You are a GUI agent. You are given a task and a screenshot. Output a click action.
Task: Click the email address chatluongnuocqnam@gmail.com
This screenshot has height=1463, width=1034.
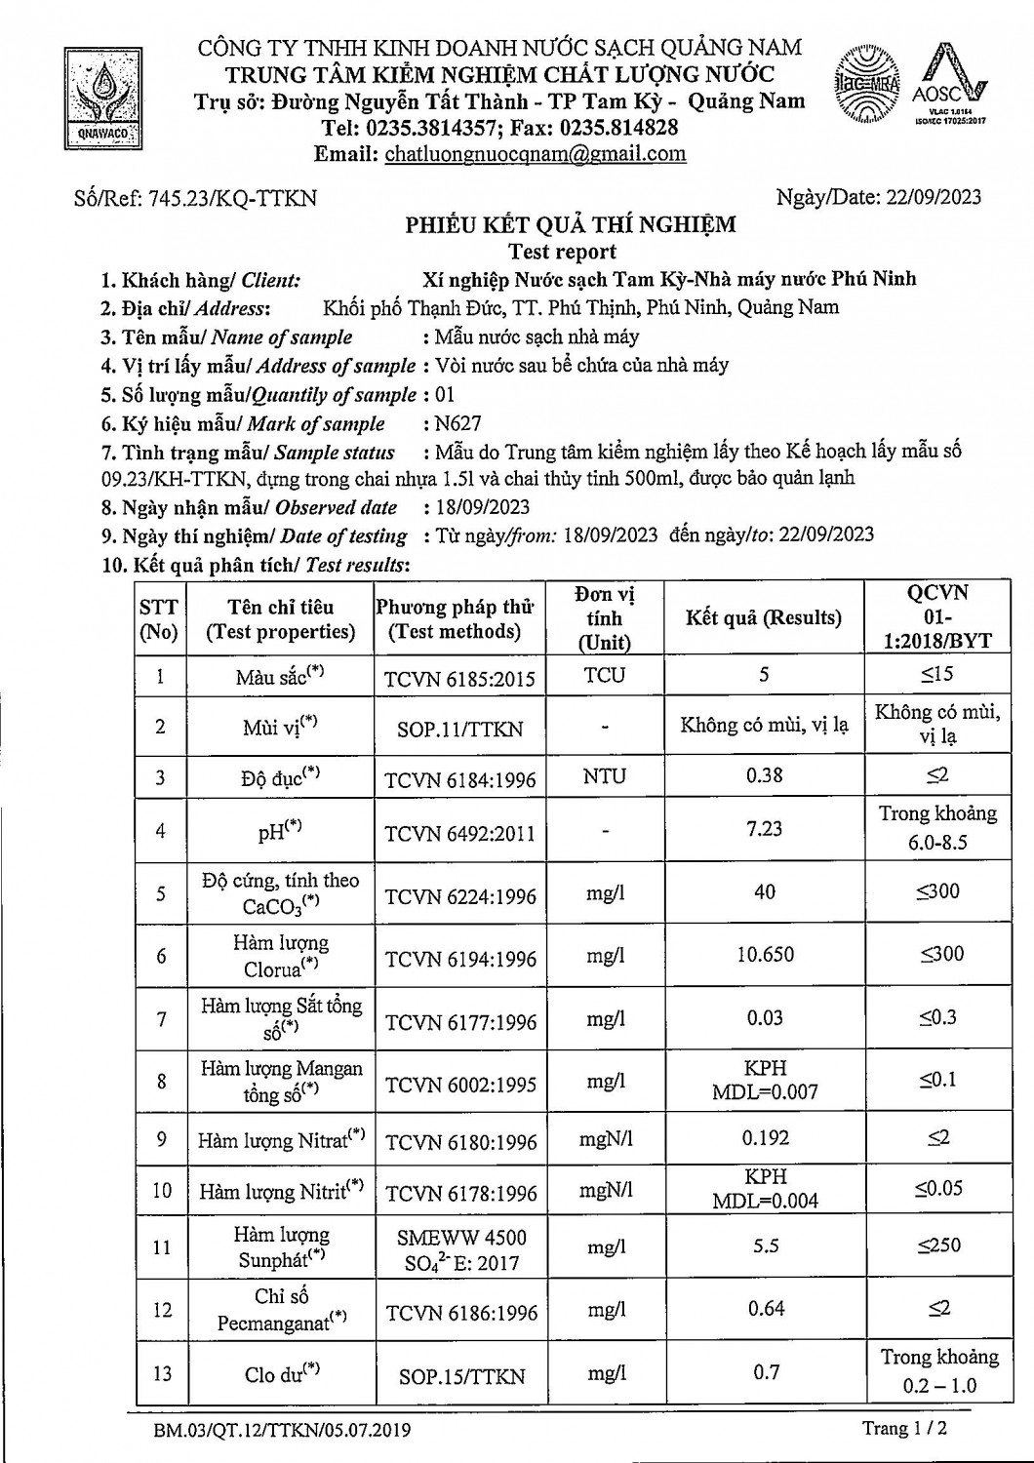(x=535, y=154)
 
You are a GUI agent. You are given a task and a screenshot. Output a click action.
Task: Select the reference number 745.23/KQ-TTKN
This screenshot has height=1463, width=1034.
(x=231, y=199)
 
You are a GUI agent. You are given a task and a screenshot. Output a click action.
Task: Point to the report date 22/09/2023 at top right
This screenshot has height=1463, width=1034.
(x=934, y=197)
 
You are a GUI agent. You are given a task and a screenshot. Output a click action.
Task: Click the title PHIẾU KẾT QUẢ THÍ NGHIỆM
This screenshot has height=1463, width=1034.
(x=571, y=225)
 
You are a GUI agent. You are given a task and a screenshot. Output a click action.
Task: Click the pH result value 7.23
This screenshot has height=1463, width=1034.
(x=764, y=828)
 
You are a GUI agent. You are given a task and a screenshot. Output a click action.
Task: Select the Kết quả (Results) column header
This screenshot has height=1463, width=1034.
(x=763, y=617)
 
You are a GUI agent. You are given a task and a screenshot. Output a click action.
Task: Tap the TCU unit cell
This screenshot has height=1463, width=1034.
(x=605, y=675)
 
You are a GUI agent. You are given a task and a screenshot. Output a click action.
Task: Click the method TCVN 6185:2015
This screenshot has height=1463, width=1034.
(x=459, y=678)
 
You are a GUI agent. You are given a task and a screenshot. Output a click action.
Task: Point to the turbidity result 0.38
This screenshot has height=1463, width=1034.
(x=764, y=775)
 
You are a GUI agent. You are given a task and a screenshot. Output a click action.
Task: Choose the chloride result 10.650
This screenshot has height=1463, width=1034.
(x=765, y=954)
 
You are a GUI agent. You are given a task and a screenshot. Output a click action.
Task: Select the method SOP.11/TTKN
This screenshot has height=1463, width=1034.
(x=459, y=729)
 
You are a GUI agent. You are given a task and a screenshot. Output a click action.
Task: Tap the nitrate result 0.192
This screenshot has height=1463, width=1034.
(x=765, y=1138)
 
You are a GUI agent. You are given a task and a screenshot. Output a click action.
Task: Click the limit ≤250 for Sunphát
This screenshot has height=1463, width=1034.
(x=938, y=1246)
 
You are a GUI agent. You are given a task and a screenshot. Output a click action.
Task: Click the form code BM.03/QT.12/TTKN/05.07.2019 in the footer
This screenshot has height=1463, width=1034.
(x=282, y=1431)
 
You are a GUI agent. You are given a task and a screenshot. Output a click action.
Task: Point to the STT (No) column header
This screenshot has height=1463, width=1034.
(x=159, y=619)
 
